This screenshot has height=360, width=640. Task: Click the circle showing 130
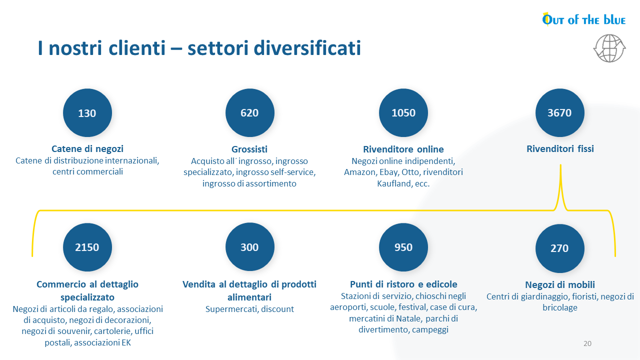point(87,113)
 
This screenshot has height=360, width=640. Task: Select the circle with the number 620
point(249,113)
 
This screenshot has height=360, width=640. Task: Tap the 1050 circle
point(403,113)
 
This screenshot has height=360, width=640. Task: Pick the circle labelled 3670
point(559,113)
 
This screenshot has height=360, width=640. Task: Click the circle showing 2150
point(87,247)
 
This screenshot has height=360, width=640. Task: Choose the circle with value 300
point(249,247)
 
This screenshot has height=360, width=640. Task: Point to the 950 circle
point(403,247)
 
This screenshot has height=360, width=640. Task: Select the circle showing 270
point(559,248)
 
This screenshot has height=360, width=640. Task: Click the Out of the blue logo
point(583,19)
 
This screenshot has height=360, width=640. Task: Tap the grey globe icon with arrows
point(609,48)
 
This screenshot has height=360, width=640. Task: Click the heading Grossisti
point(249,149)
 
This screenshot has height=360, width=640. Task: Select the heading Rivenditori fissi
point(560,148)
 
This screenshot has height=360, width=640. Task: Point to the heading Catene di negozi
point(87,149)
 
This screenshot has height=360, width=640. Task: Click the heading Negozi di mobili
point(560,284)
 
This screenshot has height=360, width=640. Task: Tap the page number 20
point(587,343)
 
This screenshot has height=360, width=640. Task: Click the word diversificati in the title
point(307,47)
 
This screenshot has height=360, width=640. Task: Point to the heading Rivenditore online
point(403,149)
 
